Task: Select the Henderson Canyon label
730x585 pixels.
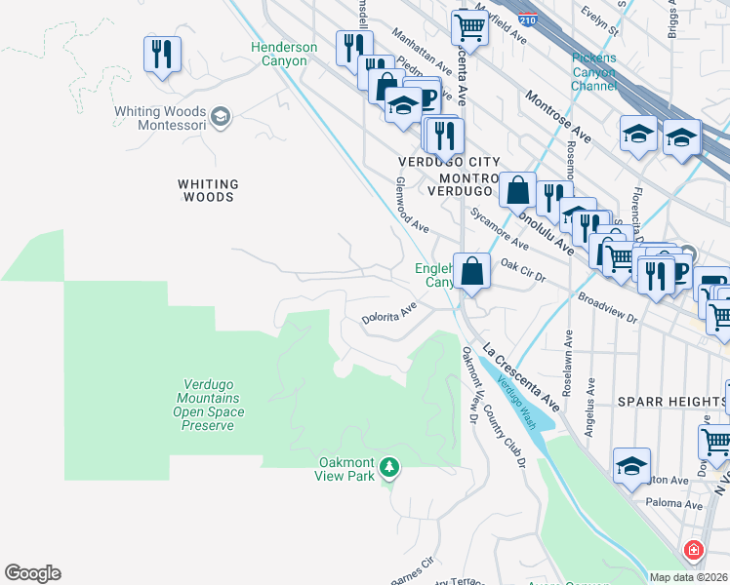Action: click(284, 54)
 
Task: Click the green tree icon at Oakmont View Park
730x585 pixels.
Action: click(389, 468)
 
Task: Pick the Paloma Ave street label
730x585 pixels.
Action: click(674, 506)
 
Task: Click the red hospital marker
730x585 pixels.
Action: click(693, 551)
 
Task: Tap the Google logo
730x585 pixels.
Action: click(32, 573)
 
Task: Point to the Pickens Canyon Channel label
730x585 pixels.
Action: click(593, 72)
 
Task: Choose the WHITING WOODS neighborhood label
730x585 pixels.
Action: click(208, 190)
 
